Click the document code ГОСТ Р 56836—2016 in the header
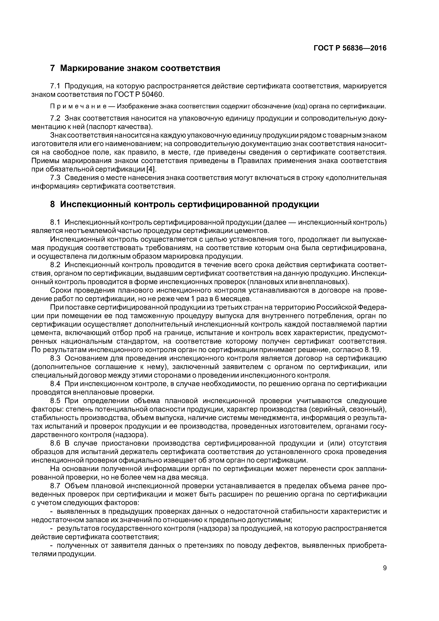pos(350,48)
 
